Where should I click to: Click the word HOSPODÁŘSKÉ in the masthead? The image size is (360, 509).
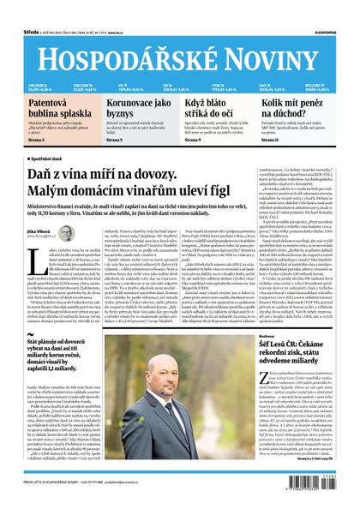coord(120,39)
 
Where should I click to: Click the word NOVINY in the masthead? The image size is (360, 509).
coord(282,39)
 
